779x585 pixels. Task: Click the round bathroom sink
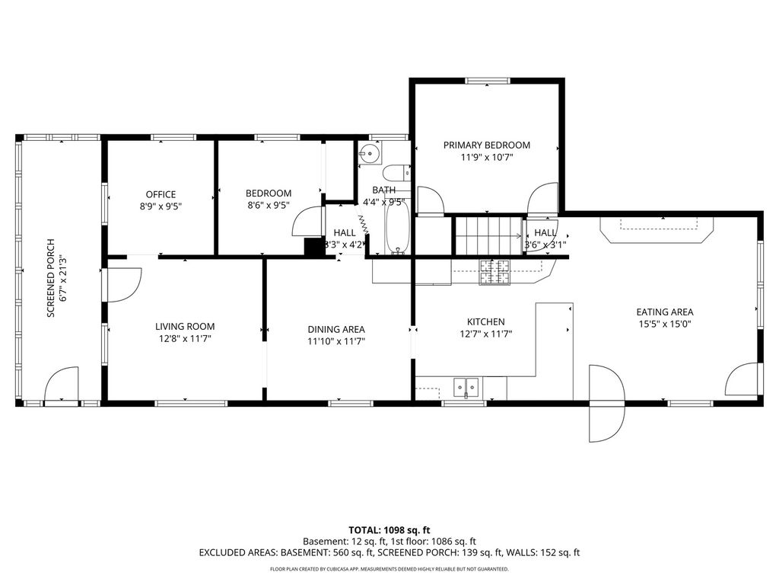point(370,153)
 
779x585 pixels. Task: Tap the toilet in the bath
point(396,173)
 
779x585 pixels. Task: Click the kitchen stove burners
point(494,273)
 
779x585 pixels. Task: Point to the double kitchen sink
point(466,386)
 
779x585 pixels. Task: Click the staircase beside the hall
point(489,236)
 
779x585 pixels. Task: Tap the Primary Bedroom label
point(486,145)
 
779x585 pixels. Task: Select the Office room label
point(161,194)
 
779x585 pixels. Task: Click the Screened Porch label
point(50,279)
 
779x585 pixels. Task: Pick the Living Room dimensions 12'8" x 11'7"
point(185,339)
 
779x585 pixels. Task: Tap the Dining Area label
point(336,329)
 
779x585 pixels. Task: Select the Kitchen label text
point(486,322)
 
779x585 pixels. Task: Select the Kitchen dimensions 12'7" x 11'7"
point(486,334)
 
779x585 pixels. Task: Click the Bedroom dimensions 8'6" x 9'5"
point(269,205)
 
